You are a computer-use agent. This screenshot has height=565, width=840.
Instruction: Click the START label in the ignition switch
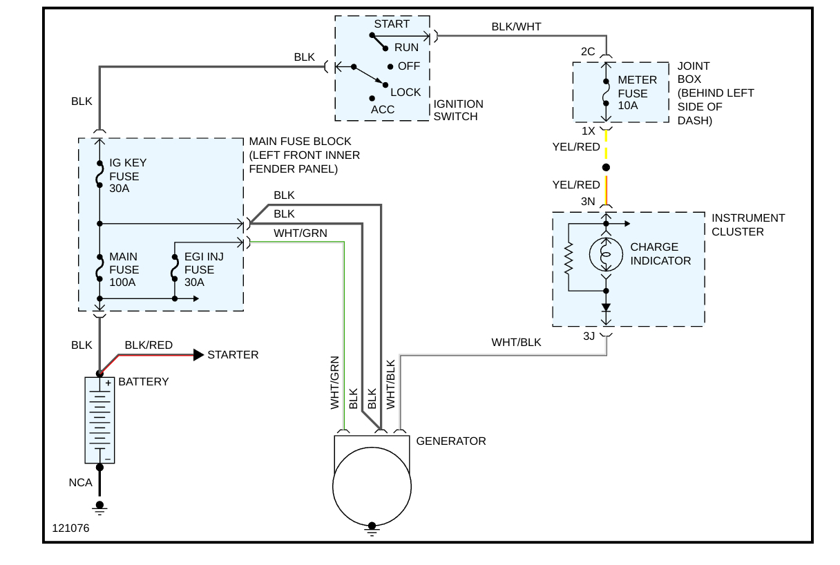392,24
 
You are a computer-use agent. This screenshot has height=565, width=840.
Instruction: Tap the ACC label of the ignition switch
383,110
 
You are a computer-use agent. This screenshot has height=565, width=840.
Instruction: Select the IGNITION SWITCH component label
458,111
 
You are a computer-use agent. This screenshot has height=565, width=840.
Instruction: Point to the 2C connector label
588,52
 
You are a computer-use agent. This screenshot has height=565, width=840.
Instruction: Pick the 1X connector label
588,131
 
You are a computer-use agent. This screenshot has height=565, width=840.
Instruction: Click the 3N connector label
588,202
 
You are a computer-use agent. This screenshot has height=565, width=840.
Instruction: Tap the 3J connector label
589,336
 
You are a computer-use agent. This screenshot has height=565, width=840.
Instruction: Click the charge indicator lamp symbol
607,254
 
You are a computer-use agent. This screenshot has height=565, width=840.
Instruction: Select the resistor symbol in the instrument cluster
568,257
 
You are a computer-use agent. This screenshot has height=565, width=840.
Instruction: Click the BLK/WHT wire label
516,27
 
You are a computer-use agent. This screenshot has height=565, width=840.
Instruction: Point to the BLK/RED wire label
149,345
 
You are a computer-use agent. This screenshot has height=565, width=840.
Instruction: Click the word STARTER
233,355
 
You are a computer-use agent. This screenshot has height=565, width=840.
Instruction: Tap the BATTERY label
144,382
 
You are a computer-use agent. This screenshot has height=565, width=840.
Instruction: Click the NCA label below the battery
80,483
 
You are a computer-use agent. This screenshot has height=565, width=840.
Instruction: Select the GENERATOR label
451,441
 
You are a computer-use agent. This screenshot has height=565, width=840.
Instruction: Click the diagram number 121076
70,528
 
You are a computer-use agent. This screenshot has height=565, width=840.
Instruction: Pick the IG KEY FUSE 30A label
128,176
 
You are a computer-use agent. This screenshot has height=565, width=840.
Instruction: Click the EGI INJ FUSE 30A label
204,269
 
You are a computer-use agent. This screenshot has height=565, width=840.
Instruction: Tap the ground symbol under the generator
372,530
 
